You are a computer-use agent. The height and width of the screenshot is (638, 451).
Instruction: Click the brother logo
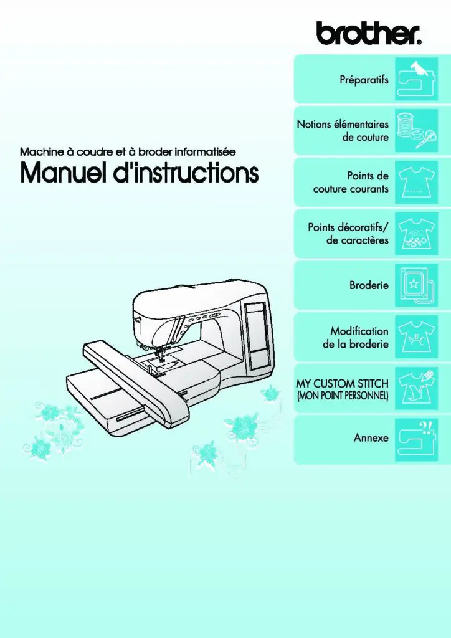click(x=368, y=34)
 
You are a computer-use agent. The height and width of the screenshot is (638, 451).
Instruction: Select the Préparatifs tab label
click(x=364, y=79)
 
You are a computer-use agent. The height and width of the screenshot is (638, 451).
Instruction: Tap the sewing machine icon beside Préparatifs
click(x=416, y=79)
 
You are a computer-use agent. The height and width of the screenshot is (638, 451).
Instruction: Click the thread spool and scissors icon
click(x=416, y=131)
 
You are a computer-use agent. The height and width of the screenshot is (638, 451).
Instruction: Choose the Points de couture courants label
click(x=351, y=183)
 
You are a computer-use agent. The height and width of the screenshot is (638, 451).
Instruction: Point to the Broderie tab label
click(x=369, y=285)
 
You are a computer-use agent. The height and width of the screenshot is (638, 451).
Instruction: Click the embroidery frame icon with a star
click(x=416, y=285)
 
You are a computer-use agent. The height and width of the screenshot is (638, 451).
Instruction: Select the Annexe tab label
click(x=371, y=438)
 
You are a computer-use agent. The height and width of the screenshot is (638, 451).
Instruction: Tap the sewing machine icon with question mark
click(x=416, y=439)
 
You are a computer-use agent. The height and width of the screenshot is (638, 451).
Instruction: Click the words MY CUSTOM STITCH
click(x=342, y=383)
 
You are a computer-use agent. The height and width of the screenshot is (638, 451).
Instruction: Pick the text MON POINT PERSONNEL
click(x=343, y=396)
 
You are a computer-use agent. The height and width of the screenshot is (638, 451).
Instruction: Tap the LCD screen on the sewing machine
click(x=257, y=336)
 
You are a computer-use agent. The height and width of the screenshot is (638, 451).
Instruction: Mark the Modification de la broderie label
click(x=356, y=337)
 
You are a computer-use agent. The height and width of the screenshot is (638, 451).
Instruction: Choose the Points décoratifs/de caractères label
click(x=348, y=234)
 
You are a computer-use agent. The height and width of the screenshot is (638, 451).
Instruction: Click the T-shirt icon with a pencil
click(x=416, y=388)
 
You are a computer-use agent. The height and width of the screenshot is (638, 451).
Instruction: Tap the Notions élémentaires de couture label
click(x=343, y=131)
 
